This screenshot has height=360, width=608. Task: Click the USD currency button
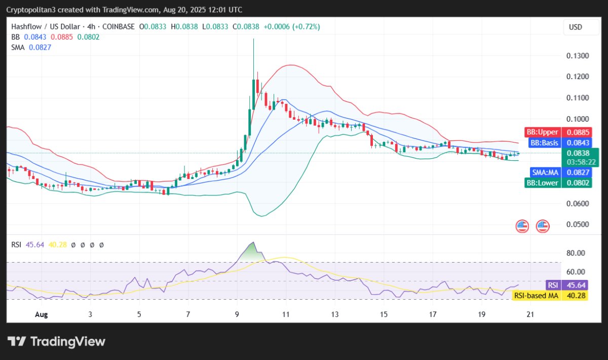(576, 27)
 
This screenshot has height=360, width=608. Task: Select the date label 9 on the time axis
(237, 314)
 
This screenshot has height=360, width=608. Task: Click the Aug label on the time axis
(42, 314)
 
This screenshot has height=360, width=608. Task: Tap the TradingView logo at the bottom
(56, 341)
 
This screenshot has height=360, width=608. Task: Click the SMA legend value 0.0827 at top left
(40, 47)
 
